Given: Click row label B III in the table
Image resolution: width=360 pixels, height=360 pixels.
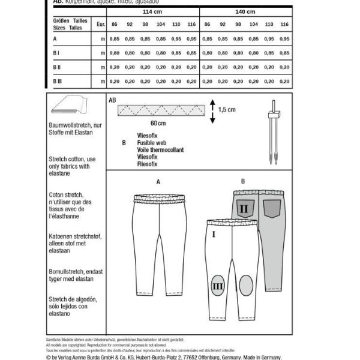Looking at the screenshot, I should pyautogui.click(x=58, y=79).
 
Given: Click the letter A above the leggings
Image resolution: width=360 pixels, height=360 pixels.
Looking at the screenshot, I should pyautogui.click(x=158, y=181).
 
